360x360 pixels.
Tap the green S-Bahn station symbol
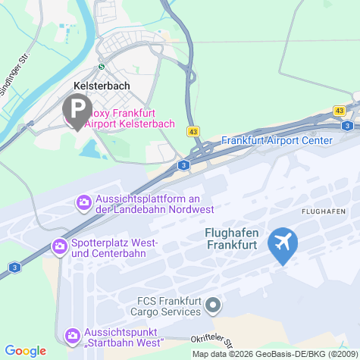pos(102,65)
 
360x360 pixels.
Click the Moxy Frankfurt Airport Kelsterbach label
pos(131,117)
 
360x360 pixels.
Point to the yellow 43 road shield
pos(194,132)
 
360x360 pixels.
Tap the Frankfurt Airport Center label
pos(277,140)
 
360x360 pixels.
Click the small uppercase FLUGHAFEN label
pos(324,210)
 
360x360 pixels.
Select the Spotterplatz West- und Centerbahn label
pos(114,247)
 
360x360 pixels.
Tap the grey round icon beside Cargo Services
pos(213,305)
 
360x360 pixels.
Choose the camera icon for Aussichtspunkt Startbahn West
pos(73,335)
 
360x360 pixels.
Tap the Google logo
pos(26,350)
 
